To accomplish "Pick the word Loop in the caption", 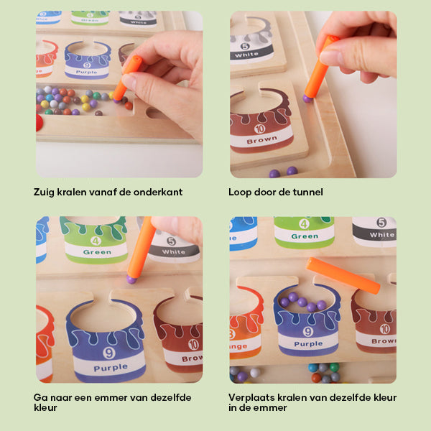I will click(x=241, y=192).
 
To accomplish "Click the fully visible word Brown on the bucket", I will click(x=261, y=140).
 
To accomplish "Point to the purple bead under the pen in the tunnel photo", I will click(x=307, y=98).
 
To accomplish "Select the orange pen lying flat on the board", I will click(x=343, y=275).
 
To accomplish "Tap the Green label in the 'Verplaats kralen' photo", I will click(x=305, y=236).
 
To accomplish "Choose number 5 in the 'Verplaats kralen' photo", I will click(x=381, y=222).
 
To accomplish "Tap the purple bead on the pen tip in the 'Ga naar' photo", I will click(x=131, y=278).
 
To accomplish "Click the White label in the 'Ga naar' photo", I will click(x=174, y=252).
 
